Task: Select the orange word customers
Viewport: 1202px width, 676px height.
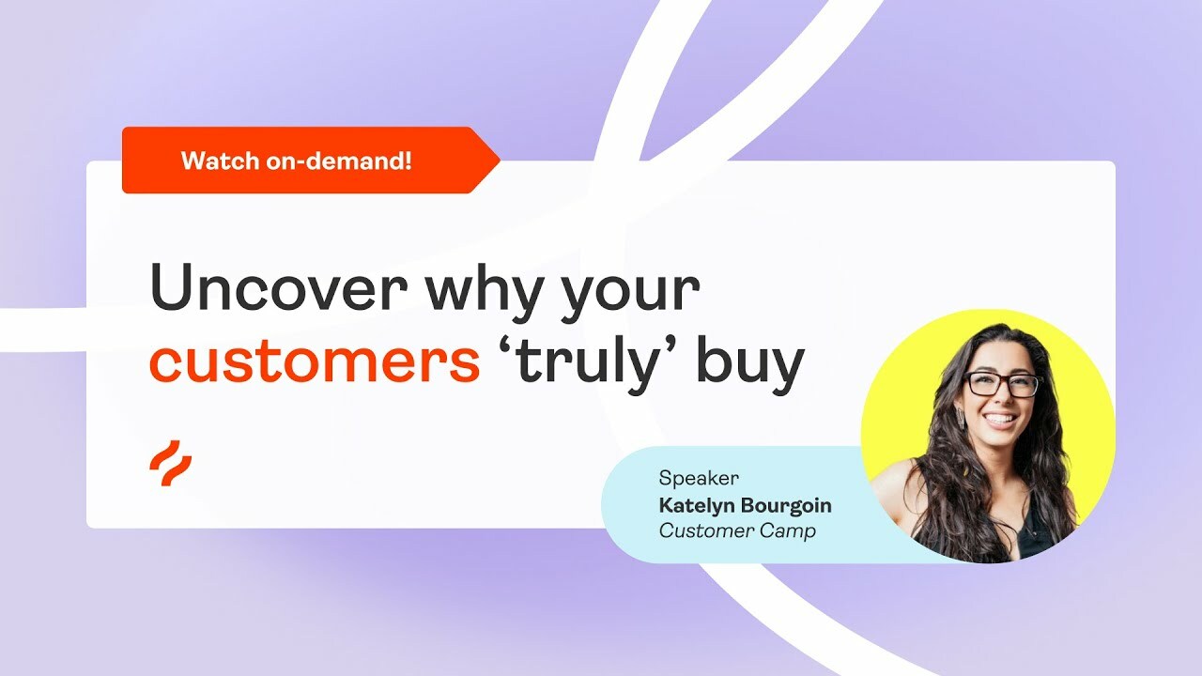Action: tap(315, 363)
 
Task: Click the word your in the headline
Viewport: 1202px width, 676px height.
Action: tap(631, 289)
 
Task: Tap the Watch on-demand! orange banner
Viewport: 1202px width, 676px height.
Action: tap(297, 161)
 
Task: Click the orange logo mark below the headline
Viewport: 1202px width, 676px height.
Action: tap(170, 464)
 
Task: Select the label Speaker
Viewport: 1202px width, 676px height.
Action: tap(698, 478)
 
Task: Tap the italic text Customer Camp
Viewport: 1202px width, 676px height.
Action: tap(737, 530)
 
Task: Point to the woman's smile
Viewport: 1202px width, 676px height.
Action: tap(1000, 419)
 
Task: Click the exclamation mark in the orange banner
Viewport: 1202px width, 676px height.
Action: tap(408, 161)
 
